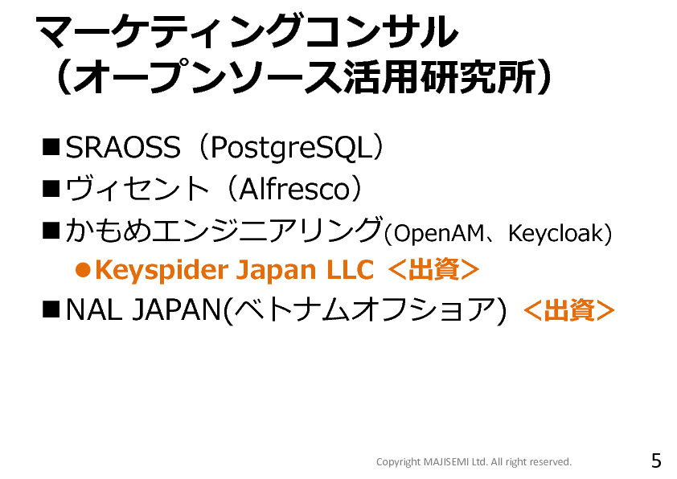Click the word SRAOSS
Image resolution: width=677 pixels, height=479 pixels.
coord(123,147)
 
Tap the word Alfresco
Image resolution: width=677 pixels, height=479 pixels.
coord(293,189)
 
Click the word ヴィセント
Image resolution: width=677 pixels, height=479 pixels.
coord(137,189)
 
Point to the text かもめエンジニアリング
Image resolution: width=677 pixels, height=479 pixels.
coord(224,230)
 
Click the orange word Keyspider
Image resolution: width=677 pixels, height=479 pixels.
coord(162,271)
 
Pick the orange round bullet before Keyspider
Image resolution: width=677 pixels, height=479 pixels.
coord(83,270)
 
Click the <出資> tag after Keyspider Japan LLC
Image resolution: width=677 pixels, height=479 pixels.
coord(433,270)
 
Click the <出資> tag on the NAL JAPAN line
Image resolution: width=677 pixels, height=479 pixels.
coord(568,310)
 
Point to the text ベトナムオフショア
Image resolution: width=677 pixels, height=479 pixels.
coord(366,310)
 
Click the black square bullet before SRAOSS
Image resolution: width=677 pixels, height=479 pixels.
coord(51,147)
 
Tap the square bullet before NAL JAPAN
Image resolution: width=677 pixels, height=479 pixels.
coord(51,309)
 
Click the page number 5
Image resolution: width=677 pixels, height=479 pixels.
coord(656,461)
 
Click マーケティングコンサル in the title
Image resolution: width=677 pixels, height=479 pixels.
coord(247,31)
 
